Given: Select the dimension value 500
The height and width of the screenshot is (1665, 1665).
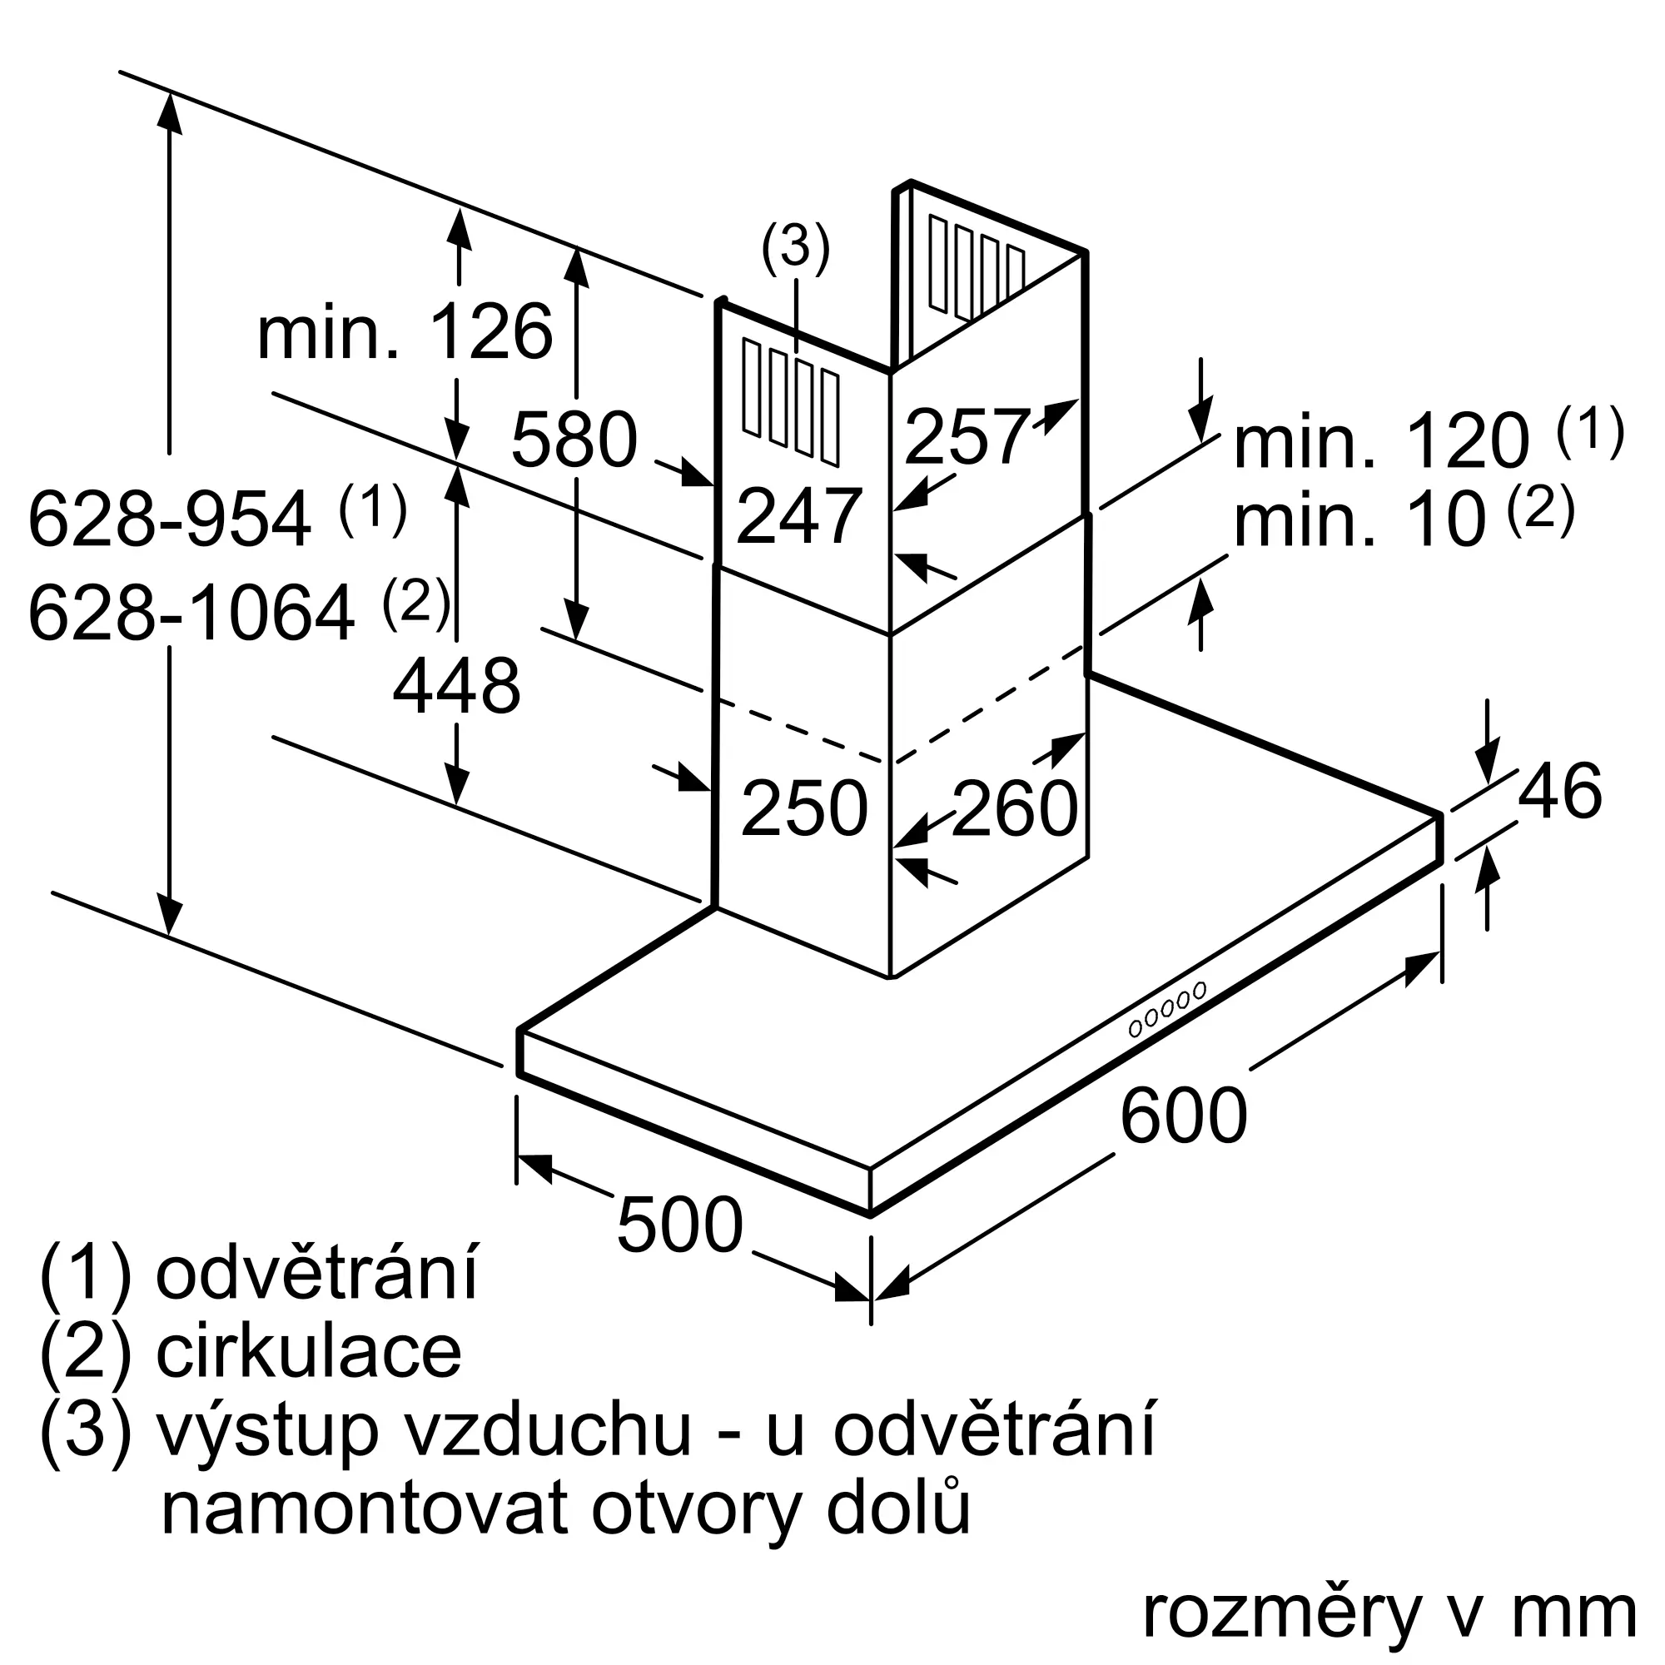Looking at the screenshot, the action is (x=679, y=1224).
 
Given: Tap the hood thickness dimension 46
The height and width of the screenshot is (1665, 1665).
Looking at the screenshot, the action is (x=1560, y=790).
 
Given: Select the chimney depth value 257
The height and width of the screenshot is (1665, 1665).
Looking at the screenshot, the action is (x=967, y=437).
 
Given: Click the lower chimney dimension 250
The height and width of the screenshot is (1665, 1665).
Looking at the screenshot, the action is (x=804, y=808).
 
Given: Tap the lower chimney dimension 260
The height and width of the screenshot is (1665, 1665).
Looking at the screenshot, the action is (x=1015, y=808).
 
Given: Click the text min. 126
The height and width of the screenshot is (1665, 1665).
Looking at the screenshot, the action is (x=405, y=332).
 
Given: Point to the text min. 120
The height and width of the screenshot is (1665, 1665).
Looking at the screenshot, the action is (x=1381, y=440).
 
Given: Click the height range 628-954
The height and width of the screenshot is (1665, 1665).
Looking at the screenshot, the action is (x=170, y=519).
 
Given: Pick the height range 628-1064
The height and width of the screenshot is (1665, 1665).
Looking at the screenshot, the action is (x=191, y=612).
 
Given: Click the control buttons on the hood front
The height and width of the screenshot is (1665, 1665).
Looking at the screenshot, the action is (x=1167, y=1008).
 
